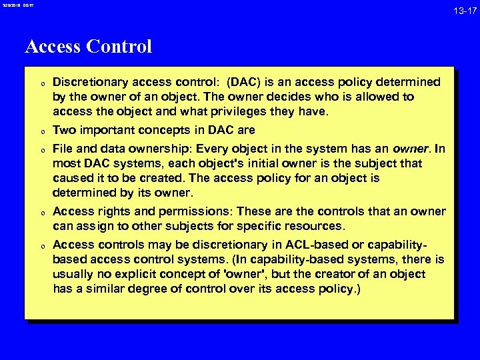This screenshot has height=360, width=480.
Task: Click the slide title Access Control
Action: coord(88,47)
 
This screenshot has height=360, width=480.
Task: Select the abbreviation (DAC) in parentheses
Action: coord(244,82)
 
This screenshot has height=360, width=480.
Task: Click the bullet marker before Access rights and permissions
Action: coord(41,213)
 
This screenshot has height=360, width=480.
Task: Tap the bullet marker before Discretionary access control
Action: coord(41,83)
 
